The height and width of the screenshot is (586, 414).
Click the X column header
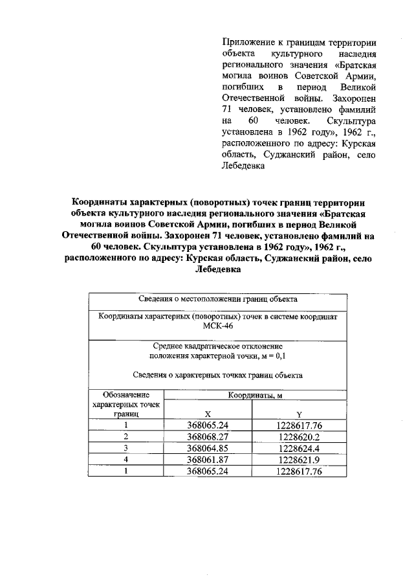[208, 414]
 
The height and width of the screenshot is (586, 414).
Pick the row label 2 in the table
[126, 436]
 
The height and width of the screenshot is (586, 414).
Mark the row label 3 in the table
[126, 447]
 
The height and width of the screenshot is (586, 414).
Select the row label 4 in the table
[126, 459]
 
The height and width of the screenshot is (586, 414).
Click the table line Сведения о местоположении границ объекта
[218, 300]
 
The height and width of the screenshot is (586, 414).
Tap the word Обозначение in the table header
[126, 394]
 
